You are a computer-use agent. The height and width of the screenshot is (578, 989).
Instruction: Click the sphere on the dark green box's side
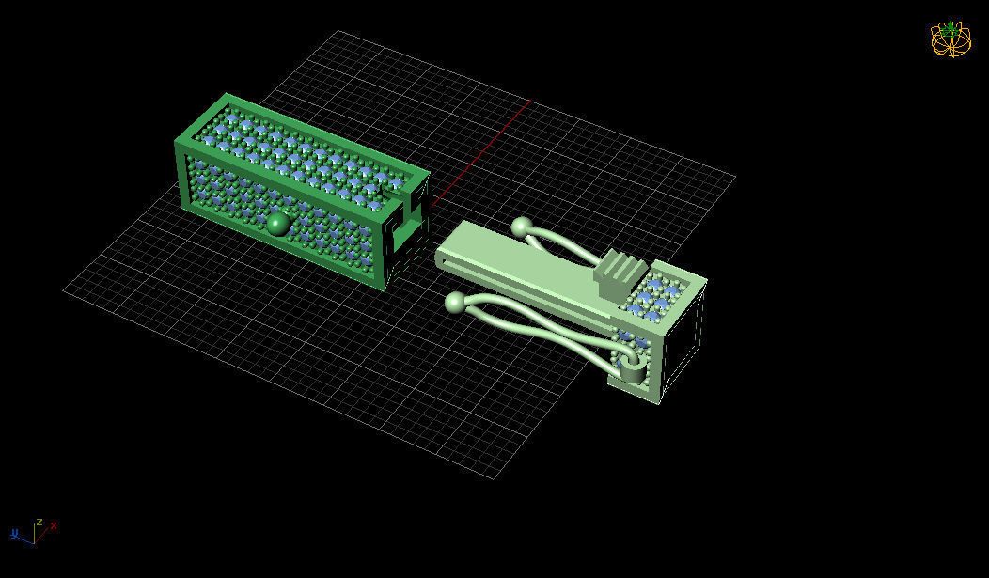coord(276,224)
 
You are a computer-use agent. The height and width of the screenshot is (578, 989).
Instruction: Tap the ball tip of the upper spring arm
coord(522,227)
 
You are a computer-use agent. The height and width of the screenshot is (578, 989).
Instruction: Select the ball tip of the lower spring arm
coord(455,302)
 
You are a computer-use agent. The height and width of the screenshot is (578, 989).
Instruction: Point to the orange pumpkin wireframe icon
coord(950,39)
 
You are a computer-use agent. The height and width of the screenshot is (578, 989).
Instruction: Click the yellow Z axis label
coord(39,521)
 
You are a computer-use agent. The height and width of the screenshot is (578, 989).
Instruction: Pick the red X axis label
coord(54,525)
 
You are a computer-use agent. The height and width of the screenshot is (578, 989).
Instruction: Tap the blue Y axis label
coord(15,534)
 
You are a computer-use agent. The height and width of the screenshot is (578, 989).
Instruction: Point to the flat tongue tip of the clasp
coord(445,257)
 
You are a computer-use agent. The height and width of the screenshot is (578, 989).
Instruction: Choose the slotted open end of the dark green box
coord(411,230)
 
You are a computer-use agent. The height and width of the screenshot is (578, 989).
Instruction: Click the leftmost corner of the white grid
coord(64,290)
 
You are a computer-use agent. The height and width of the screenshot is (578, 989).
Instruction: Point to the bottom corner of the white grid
coord(495,478)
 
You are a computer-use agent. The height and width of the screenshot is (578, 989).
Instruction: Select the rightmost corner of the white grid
coord(735,176)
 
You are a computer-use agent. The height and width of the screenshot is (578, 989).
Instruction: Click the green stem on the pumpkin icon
coord(951,26)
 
